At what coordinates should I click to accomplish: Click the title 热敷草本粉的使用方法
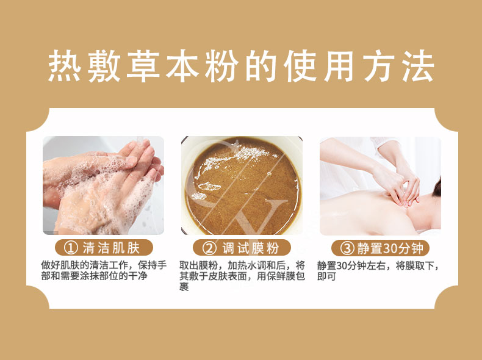tap(242, 66)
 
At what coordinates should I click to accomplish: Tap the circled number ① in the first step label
tap(71, 248)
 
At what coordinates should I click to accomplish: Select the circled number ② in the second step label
tap(209, 248)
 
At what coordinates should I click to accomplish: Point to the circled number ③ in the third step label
tap(347, 248)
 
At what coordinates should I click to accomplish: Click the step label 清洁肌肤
tap(111, 248)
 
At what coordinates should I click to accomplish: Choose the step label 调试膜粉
tap(251, 248)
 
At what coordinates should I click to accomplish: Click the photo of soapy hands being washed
tap(103, 185)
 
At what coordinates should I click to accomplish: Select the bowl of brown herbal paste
tap(242, 185)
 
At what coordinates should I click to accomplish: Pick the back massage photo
tap(380, 185)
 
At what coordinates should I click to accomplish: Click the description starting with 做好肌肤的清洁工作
tap(104, 270)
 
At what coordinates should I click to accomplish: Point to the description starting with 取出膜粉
tap(242, 276)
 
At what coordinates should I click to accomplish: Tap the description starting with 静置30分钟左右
tap(378, 271)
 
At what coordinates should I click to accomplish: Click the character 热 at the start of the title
tap(65, 66)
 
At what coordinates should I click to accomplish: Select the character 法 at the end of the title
tap(419, 66)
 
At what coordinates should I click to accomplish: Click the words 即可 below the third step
tap(326, 276)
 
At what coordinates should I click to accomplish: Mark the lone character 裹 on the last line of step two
tap(184, 287)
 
